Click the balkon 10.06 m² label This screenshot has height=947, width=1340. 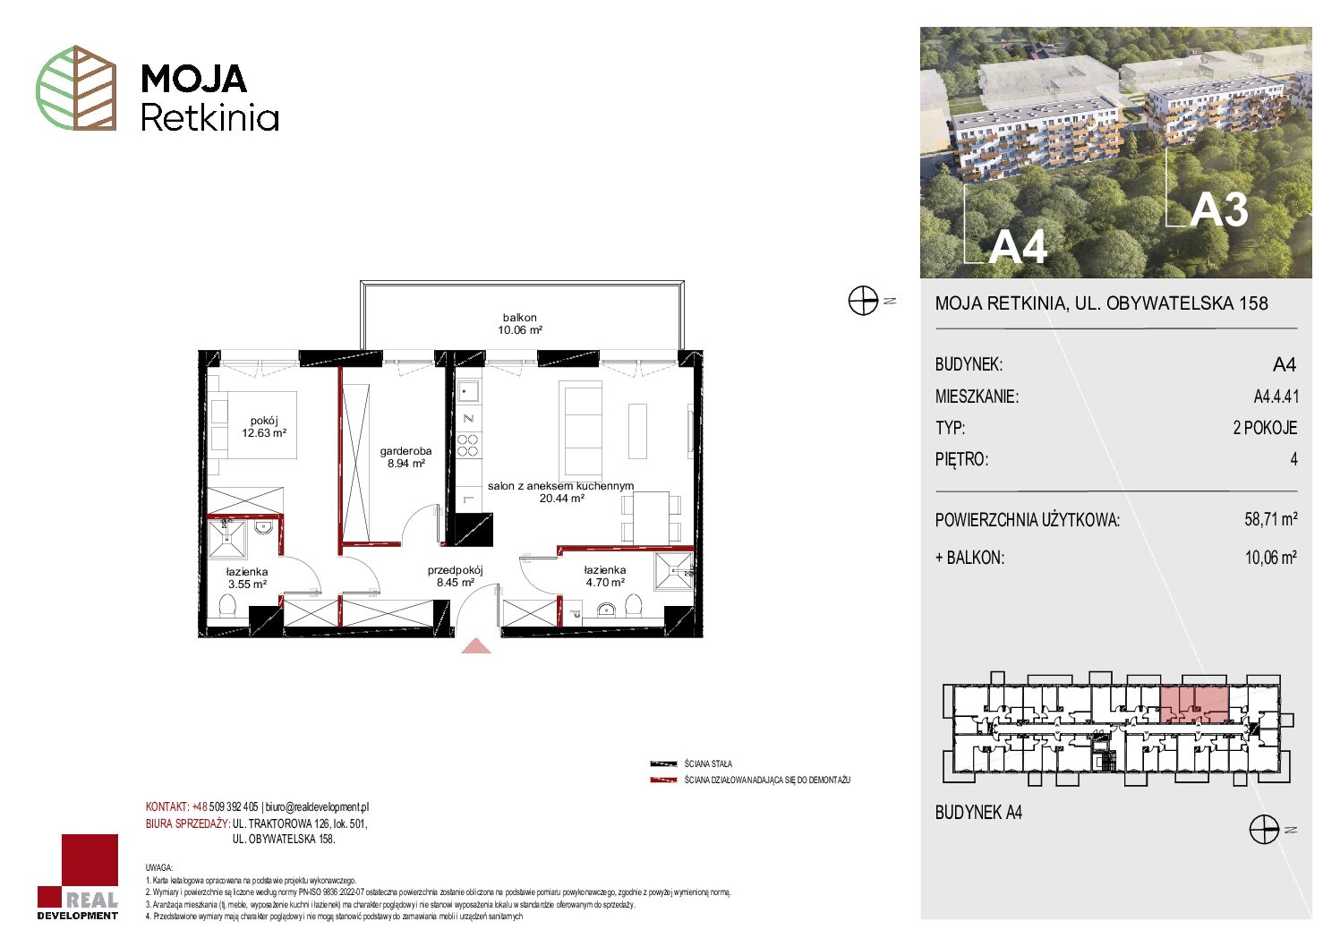520,324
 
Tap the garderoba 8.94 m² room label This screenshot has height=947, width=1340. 405,457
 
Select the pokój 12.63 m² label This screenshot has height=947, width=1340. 264,427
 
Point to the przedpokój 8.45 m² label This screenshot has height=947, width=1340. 456,576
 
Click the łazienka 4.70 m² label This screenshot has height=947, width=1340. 605,576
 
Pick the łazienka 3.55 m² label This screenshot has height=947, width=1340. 247,578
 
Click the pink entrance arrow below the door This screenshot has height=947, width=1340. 476,645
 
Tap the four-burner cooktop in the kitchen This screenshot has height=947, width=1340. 468,446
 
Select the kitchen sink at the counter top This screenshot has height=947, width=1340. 467,392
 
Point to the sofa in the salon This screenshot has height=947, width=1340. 580,429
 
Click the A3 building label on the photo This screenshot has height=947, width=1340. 1218,210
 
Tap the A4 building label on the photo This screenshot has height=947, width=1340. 1018,246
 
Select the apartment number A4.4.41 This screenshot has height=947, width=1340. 1276,396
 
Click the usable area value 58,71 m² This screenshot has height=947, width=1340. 1270,518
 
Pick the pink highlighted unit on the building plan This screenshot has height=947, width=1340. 1195,704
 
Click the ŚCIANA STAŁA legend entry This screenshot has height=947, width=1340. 692,764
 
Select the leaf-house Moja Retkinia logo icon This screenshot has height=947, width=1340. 76,88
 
